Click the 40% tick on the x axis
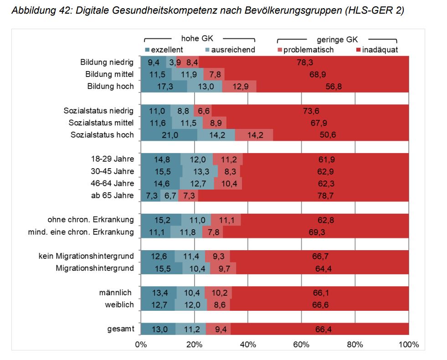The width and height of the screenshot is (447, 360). pyautogui.click(x=248, y=344)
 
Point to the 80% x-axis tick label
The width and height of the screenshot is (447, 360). pyautogui.click(x=355, y=344)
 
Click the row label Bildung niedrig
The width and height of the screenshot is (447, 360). pyautogui.click(x=107, y=62)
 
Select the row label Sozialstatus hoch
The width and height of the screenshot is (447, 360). pyautogui.click(x=102, y=134)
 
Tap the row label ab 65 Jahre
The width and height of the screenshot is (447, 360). pyautogui.click(x=113, y=196)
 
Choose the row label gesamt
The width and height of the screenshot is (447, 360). pyautogui.click(x=121, y=329)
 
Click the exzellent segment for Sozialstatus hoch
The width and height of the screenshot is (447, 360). pyautogui.click(x=169, y=134)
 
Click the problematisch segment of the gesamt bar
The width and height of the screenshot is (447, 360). pyautogui.click(x=218, y=329)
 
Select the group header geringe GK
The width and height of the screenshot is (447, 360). pyautogui.click(x=337, y=40)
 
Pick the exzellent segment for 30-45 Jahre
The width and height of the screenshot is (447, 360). pyautogui.click(x=161, y=171)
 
